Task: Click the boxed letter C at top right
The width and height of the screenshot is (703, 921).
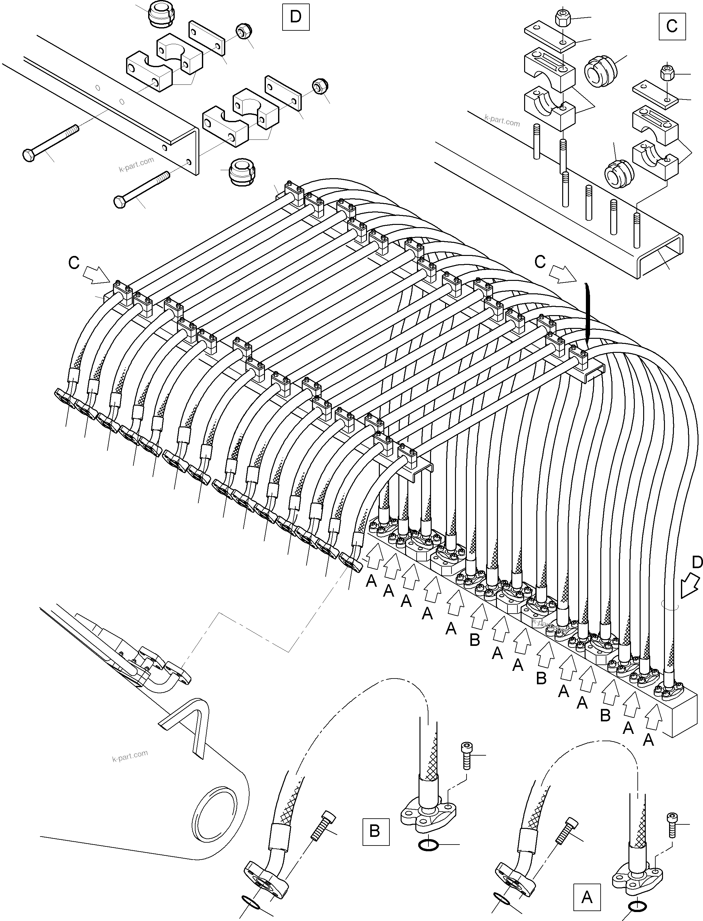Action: (672, 26)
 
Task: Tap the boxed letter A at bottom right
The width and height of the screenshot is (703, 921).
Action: (587, 897)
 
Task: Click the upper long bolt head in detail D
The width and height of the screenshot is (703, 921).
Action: (28, 155)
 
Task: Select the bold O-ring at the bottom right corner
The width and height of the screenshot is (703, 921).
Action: (638, 906)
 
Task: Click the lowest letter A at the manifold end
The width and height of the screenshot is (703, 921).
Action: (648, 740)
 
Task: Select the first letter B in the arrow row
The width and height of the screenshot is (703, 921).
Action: (474, 640)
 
